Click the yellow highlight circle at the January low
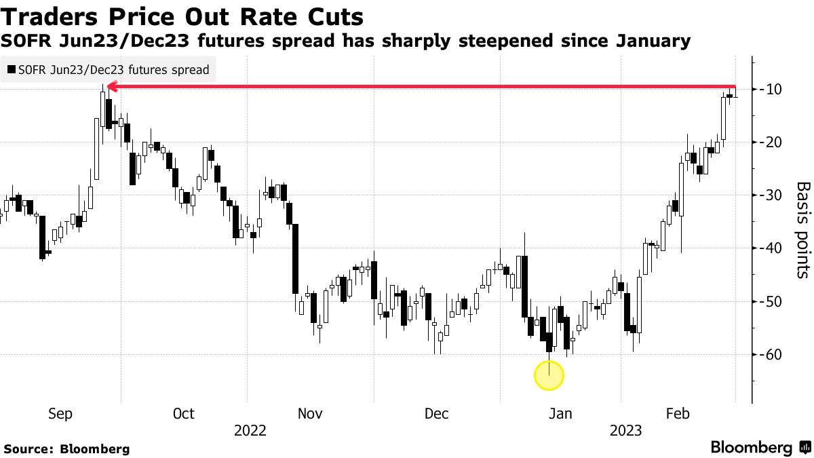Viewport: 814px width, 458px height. (x=549, y=375)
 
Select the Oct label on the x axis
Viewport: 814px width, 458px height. (x=184, y=414)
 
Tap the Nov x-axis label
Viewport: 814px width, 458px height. (x=310, y=414)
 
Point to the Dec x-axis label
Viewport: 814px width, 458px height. (x=436, y=414)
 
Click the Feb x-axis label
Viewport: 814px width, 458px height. (x=678, y=414)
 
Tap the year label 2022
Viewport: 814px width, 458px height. (x=250, y=431)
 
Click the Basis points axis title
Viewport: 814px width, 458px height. (x=802, y=230)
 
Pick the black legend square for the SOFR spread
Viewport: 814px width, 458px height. (x=11, y=69)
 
